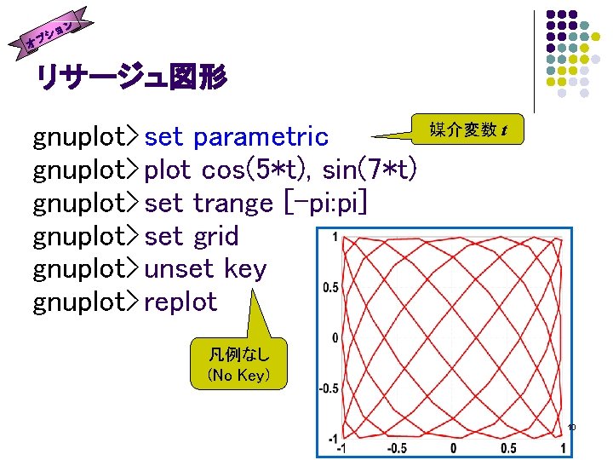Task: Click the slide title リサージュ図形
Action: click(x=130, y=79)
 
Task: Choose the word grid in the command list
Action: click(x=215, y=236)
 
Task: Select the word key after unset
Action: click(x=245, y=269)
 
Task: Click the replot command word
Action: click(x=180, y=302)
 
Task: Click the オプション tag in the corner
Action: click(x=53, y=32)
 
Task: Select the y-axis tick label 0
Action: click(x=335, y=338)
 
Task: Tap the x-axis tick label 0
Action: click(x=453, y=448)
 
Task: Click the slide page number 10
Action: click(x=571, y=426)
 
